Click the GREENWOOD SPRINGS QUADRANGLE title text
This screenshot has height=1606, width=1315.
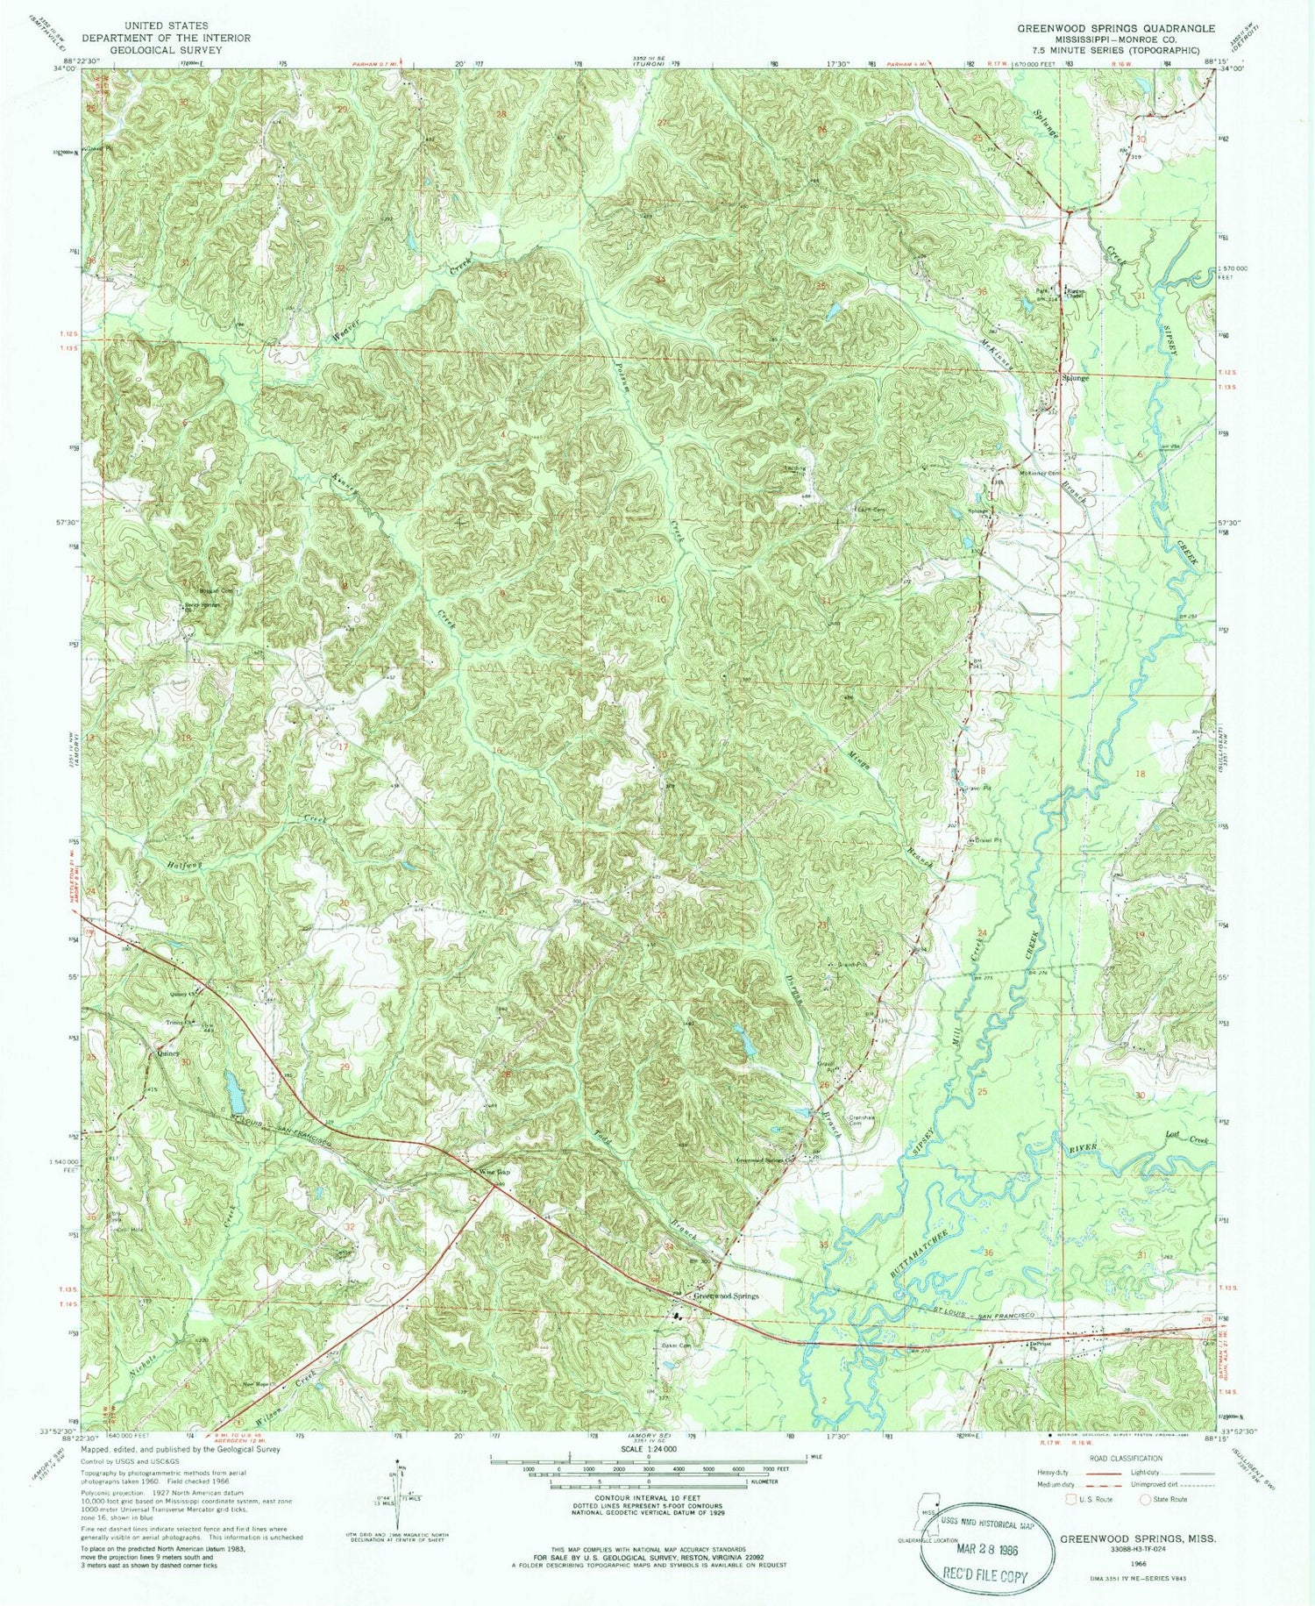click(x=1115, y=28)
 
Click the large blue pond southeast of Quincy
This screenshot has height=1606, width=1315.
click(x=234, y=1091)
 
